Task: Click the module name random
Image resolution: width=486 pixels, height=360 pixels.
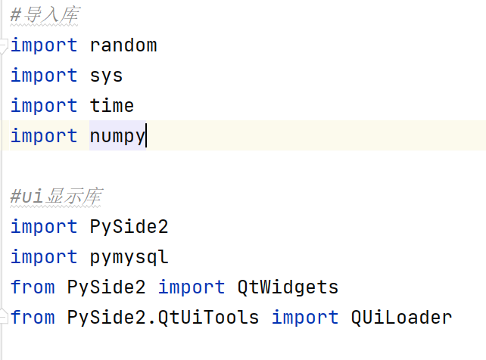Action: tap(123, 45)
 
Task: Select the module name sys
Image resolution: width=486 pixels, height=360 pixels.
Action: tap(106, 76)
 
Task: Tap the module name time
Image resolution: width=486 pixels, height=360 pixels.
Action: tap(112, 105)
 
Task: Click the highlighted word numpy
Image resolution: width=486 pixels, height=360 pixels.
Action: tap(117, 136)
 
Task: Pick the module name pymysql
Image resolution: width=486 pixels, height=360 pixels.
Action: tap(129, 258)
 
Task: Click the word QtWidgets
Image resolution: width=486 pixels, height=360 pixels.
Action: tap(288, 287)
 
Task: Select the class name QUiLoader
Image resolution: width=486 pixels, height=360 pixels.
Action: tap(401, 318)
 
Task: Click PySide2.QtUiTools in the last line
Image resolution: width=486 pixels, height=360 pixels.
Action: tap(163, 318)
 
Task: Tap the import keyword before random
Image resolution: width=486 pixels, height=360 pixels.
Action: tap(44, 45)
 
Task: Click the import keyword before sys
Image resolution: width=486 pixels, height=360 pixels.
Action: tap(44, 76)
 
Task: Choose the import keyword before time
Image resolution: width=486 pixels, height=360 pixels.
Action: tap(44, 106)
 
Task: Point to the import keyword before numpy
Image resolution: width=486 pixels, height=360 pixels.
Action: tap(44, 136)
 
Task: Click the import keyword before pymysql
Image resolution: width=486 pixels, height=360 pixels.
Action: tap(44, 257)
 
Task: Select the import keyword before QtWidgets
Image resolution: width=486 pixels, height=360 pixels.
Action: tap(192, 287)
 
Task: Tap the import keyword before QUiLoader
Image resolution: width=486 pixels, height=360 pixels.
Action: tap(305, 318)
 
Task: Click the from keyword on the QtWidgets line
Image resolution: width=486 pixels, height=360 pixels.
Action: tap(33, 287)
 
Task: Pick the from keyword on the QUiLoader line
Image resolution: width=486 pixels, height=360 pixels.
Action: tap(33, 317)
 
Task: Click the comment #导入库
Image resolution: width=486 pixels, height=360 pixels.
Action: tap(45, 14)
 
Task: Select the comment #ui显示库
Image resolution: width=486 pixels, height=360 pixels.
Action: tap(57, 196)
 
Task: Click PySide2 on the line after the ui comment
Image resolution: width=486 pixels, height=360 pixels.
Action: tap(129, 227)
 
